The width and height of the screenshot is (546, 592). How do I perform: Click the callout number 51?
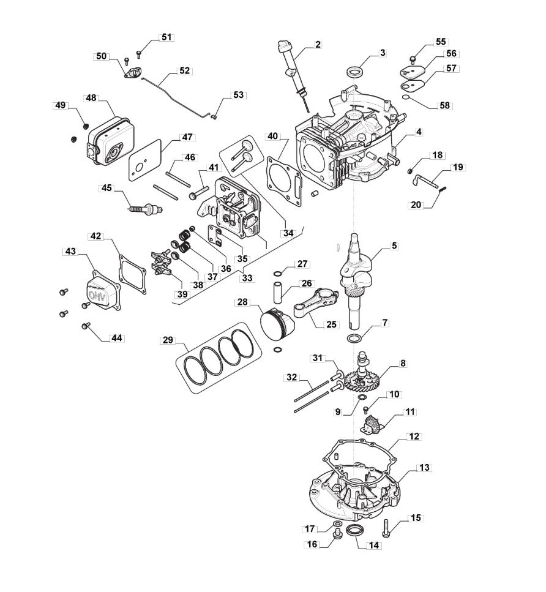[166, 37]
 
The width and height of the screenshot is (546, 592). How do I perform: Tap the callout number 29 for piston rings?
[168, 340]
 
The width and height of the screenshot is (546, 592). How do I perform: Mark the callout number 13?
[424, 467]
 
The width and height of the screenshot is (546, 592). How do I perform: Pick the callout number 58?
[445, 105]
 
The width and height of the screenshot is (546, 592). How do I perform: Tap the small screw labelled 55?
[413, 59]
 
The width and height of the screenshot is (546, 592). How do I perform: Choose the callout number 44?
[117, 338]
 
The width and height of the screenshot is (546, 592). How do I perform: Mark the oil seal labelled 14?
[355, 530]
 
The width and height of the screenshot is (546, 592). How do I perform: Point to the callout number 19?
[458, 167]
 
